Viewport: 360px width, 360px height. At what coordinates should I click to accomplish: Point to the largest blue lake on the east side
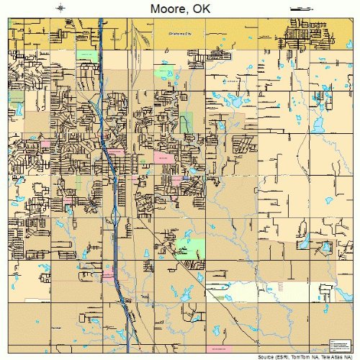[x=233, y=101]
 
